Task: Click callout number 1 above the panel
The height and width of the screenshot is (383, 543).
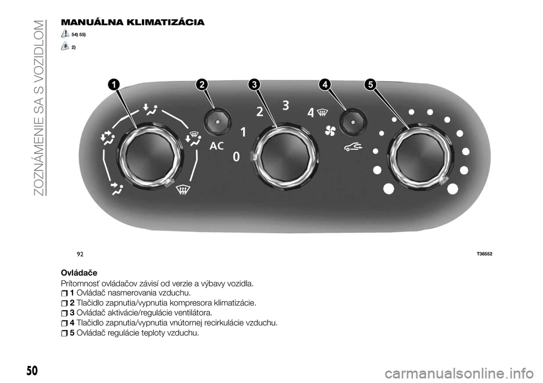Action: [x=113, y=85]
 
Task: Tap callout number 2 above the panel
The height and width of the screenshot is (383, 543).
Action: [x=201, y=85]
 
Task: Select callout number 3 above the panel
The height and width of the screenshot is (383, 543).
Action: [x=254, y=85]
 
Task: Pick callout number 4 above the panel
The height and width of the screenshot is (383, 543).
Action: [x=326, y=85]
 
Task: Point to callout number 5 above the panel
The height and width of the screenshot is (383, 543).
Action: [x=370, y=85]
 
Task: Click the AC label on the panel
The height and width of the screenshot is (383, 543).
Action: [x=217, y=146]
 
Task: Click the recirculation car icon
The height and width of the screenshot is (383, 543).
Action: [x=353, y=148]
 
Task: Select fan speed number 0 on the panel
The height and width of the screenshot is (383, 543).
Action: [x=236, y=157]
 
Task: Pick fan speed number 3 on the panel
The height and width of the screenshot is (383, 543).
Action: [x=286, y=105]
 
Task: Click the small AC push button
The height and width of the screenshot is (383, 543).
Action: [x=217, y=122]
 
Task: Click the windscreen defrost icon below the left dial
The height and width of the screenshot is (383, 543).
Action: [x=183, y=190]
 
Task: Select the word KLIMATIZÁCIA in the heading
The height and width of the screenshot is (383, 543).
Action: [x=166, y=23]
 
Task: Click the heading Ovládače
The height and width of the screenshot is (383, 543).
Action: [x=79, y=273]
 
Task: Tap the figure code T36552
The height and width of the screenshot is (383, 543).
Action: [x=484, y=254]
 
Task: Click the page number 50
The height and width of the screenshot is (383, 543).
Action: [x=32, y=371]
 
